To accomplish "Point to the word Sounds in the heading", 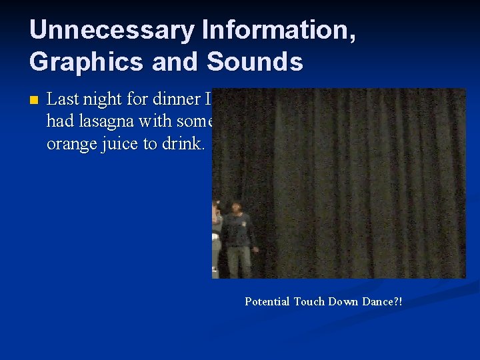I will point(255,61).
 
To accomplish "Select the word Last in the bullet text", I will point(63,100).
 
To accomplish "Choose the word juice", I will point(121,144).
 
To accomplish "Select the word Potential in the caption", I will point(267,301).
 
